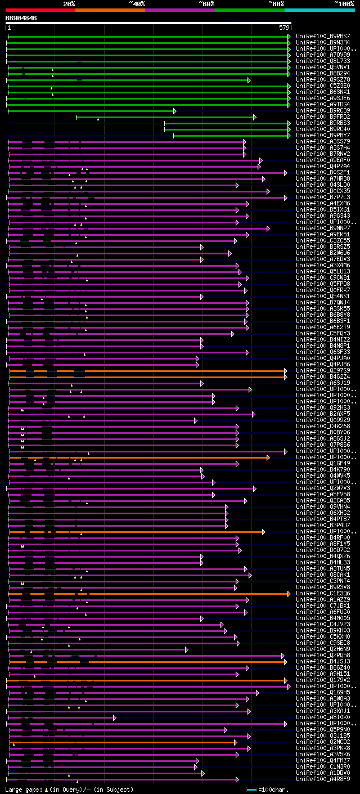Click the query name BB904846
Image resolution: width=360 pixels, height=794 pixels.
point(21,18)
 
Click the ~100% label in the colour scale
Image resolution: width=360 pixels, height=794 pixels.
point(344,3)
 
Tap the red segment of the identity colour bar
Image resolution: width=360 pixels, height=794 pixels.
point(40,10)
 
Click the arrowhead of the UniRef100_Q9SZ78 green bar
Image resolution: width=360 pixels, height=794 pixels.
point(249,80)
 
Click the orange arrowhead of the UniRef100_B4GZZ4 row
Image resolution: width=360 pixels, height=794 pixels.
point(286,377)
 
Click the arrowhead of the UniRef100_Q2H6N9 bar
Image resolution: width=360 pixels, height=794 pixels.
point(187,649)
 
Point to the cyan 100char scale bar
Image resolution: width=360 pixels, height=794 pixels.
point(251,789)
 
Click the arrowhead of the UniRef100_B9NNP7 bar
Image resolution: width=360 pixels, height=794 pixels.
point(268,228)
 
